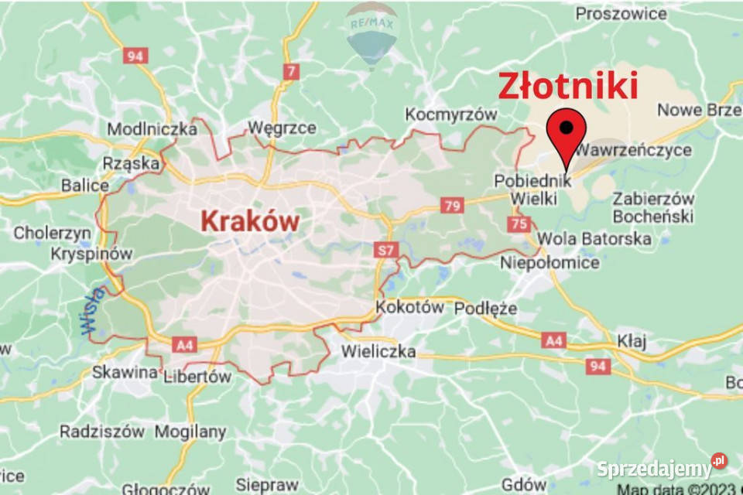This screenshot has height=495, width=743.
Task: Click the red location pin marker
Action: coord(567,133)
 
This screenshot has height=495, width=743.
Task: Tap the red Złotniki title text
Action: coord(567,85)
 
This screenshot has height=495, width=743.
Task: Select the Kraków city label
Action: coord(250,221)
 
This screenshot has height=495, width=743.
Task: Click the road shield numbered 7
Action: coord(291,72)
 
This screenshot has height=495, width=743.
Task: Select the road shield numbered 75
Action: coord(519,224)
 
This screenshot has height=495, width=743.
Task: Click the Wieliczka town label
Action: coord(378,352)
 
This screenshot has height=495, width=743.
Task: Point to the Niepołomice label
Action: coord(550,263)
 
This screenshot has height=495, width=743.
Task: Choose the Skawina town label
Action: coord(125,372)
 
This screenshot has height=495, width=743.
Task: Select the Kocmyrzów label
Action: coord(451,114)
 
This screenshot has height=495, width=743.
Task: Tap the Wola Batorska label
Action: coord(594,238)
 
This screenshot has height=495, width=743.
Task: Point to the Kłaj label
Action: coord(632,340)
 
